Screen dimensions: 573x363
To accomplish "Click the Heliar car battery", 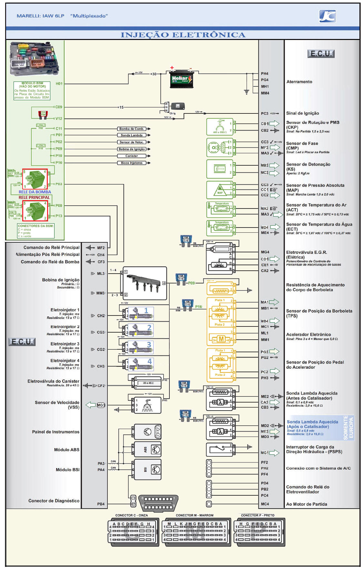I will (x=181, y=79).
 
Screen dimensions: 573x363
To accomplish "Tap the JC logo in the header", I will (x=327, y=16).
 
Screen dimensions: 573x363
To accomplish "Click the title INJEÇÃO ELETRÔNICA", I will (x=183, y=35).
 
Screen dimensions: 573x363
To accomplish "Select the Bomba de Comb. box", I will (x=132, y=129).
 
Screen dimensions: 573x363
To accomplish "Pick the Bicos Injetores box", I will (x=132, y=163).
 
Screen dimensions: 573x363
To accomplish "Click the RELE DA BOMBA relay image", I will (x=35, y=179).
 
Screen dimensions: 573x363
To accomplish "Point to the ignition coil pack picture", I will (x=144, y=283).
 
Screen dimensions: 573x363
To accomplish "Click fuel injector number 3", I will (x=140, y=347).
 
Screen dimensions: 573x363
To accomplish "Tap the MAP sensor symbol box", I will (x=220, y=190).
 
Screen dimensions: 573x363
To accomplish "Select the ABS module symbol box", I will (x=148, y=450).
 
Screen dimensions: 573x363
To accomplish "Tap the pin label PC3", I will (x=265, y=113).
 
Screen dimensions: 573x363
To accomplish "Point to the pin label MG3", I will (x=101, y=405).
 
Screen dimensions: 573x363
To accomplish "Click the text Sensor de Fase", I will (x=302, y=143).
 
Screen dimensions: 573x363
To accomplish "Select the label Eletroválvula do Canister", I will (x=53, y=381).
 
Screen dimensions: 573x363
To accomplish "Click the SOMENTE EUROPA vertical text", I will (x=348, y=428).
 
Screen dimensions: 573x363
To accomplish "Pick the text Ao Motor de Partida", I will (x=307, y=504).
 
